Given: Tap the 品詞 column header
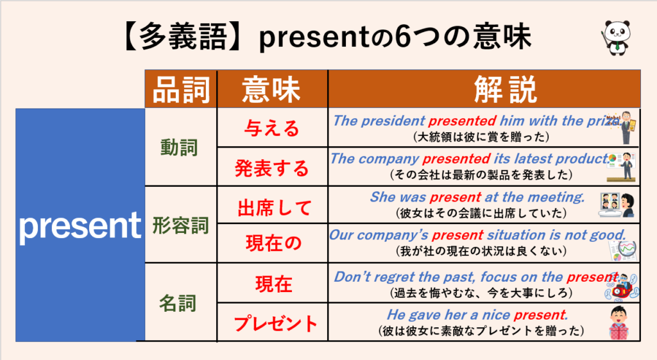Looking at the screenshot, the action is click(x=181, y=90).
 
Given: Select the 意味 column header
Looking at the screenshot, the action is click(x=271, y=90).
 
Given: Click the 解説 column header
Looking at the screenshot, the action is click(x=506, y=90).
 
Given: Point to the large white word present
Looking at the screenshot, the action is click(x=80, y=227).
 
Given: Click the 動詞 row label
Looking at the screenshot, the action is click(x=179, y=148).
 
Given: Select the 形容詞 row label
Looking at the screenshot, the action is click(x=180, y=225).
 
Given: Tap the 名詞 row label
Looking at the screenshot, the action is click(x=178, y=303).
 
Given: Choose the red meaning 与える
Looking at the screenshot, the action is click(x=272, y=128).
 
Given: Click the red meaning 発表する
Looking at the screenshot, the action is click(x=271, y=168).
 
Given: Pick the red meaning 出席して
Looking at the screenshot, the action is click(x=275, y=208).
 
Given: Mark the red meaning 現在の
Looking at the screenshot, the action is click(x=273, y=243).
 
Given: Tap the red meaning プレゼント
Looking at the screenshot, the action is click(x=275, y=324).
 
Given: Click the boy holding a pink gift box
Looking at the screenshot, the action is click(x=619, y=322).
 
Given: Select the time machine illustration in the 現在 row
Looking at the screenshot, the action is click(x=622, y=287).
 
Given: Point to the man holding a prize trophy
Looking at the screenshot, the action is click(x=627, y=128).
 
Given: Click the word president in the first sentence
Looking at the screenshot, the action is click(x=393, y=121).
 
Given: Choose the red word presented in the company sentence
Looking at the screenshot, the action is click(x=456, y=159).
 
